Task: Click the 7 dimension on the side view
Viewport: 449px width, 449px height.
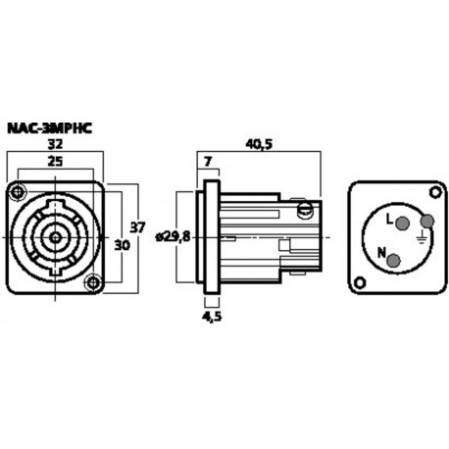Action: (x=207, y=160)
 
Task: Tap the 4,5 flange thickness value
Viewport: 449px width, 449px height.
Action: (x=211, y=317)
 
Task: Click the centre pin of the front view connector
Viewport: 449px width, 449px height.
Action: (x=55, y=236)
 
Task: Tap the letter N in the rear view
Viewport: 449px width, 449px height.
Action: (x=383, y=250)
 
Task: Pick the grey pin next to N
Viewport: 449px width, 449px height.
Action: (x=395, y=260)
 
